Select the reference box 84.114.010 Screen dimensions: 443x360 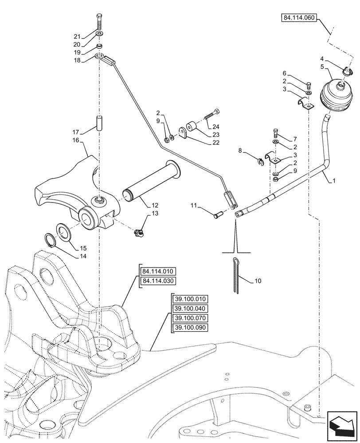coord(158,272)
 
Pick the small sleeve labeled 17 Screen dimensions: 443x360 coord(99,123)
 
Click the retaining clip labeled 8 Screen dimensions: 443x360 coord(261,159)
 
